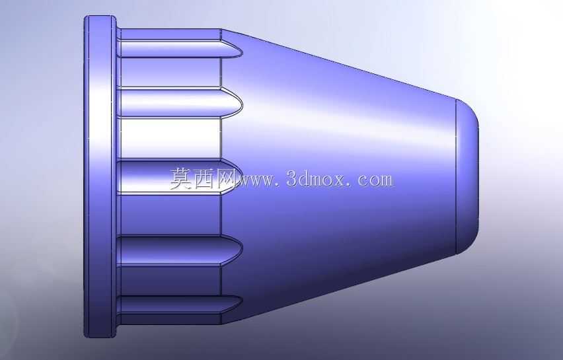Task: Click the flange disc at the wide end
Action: (100, 176)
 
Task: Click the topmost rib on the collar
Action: (180, 48)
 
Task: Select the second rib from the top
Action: (180, 102)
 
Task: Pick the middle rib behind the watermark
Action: (180, 176)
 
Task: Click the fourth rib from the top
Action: (180, 250)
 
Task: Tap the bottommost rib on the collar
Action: (180, 305)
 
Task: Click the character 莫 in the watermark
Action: (181, 178)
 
